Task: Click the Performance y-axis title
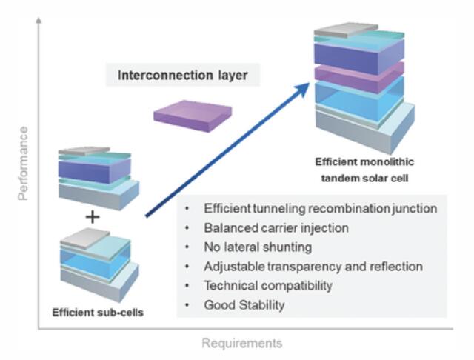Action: click(x=23, y=164)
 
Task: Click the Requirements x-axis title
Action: click(x=242, y=344)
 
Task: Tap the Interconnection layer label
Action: click(x=183, y=75)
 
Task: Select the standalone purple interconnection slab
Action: click(x=193, y=116)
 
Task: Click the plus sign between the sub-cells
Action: click(x=93, y=217)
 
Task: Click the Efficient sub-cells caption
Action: click(x=98, y=313)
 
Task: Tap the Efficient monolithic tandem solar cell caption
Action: click(x=364, y=170)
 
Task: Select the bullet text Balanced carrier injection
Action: click(x=276, y=228)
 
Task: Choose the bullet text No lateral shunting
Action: click(x=258, y=247)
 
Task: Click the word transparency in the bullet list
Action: click(x=304, y=267)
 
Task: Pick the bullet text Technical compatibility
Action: click(x=268, y=286)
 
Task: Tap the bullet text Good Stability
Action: click(x=244, y=305)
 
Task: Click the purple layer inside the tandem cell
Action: click(x=359, y=77)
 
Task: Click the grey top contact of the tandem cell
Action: click(x=346, y=30)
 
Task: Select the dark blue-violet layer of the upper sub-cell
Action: click(x=94, y=170)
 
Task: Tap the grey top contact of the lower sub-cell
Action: click(x=84, y=239)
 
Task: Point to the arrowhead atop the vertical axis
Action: click(x=39, y=21)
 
